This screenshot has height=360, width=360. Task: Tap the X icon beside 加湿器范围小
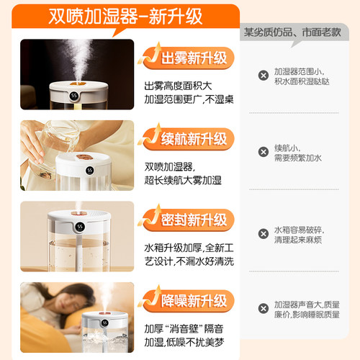click(264, 76)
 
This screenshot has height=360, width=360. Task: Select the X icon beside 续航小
click(264, 152)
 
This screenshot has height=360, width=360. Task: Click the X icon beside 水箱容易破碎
click(264, 235)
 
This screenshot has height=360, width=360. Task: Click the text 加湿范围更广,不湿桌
click(189, 99)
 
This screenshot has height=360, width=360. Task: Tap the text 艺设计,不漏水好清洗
click(189, 261)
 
